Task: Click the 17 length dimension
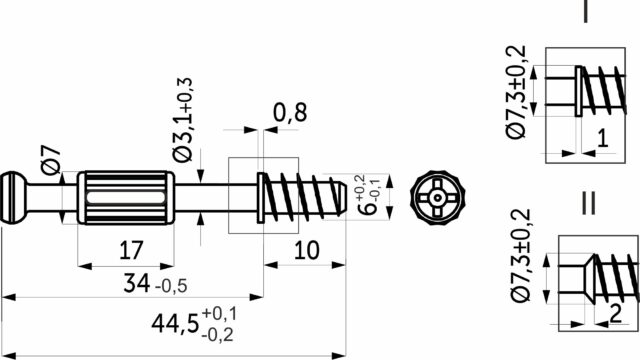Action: pos(131,250)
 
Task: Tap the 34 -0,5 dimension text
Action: pos(155,284)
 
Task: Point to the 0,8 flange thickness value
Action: pos(290,113)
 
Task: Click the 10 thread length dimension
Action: pos(307,250)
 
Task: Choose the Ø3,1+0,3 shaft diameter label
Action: pos(182,120)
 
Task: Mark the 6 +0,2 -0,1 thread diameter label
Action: pos(368,194)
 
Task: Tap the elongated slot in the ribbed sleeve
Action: pos(126,198)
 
